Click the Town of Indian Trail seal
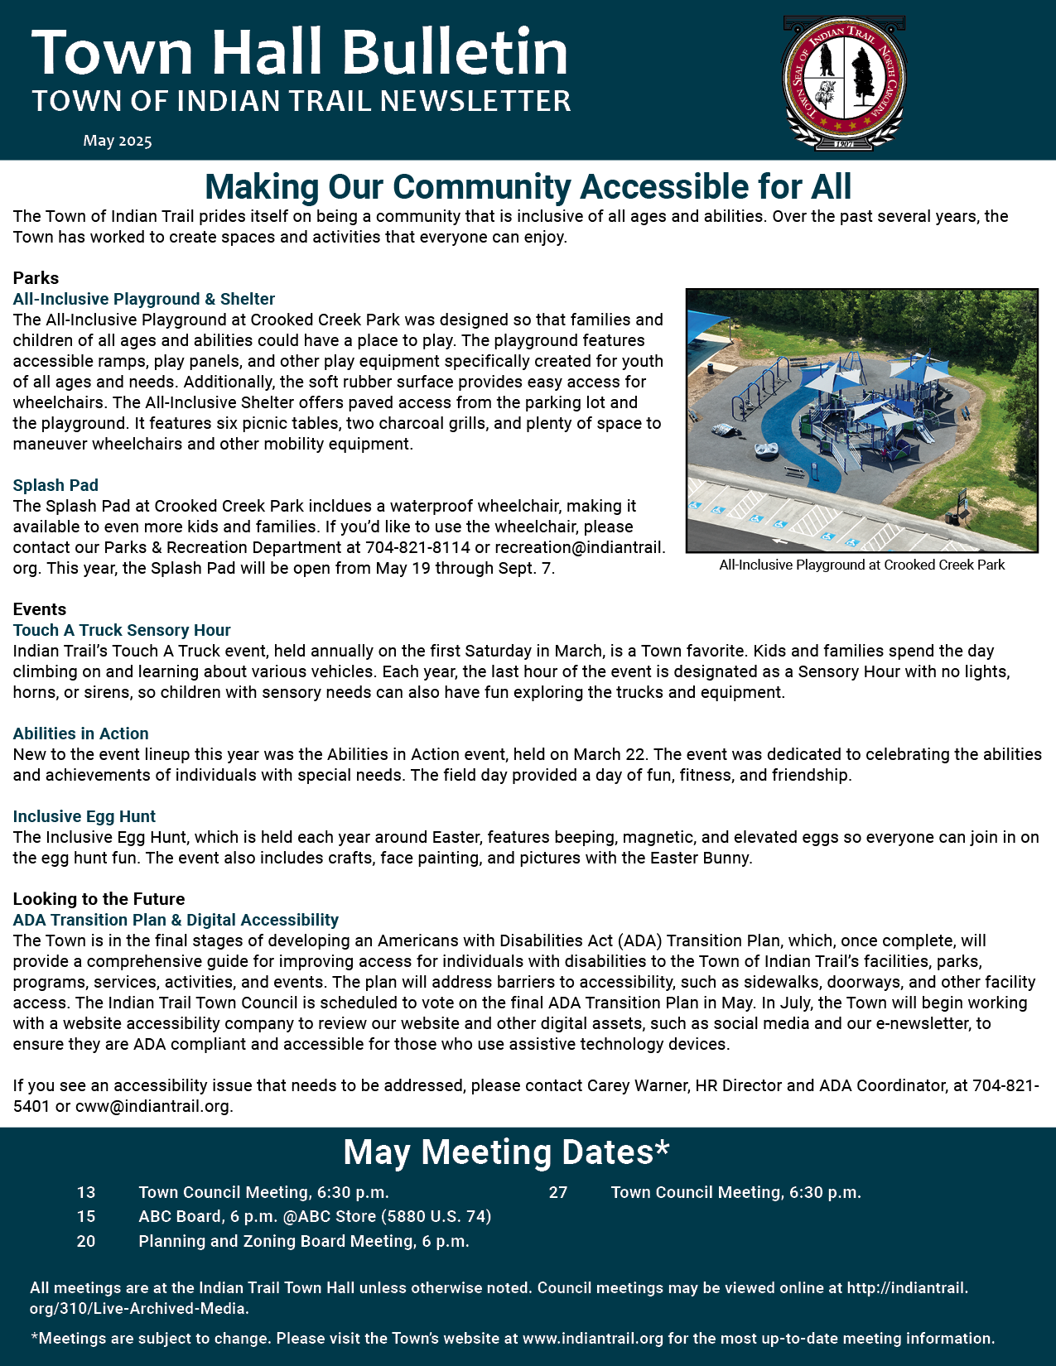844,82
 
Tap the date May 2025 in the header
118,141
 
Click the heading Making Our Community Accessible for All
528,186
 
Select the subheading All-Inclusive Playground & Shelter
144,299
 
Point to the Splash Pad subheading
55,485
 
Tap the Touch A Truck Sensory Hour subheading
122,630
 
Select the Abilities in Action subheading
81,734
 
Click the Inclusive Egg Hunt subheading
84,816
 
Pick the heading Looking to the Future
99,899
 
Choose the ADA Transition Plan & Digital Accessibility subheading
176,920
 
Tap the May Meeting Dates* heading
506,1152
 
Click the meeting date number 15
86,1216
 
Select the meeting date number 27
558,1192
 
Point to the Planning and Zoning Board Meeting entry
303,1241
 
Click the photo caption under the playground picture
861,565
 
